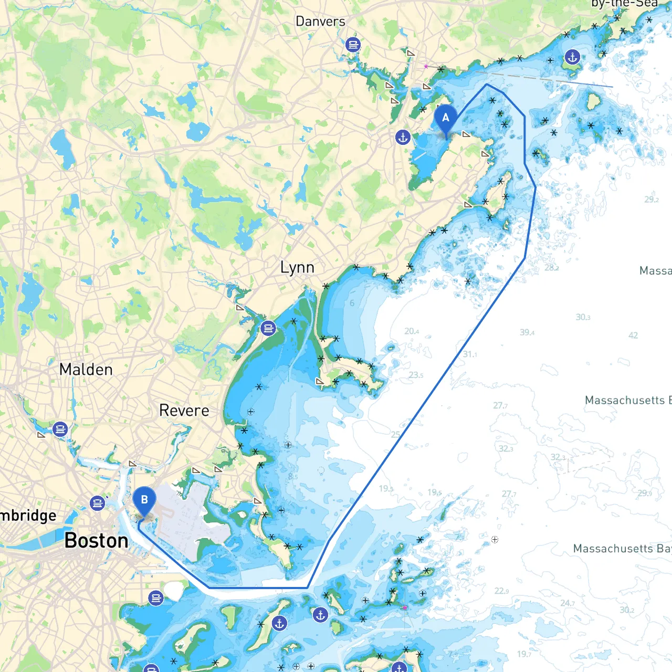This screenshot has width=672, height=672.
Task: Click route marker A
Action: point(446,119)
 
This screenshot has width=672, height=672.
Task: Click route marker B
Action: point(144,500)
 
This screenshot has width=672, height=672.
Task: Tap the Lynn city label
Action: point(297,268)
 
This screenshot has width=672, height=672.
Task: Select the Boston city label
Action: point(96,540)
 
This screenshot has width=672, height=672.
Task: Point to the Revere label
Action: point(184,411)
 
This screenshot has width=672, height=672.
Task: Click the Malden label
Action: point(86,370)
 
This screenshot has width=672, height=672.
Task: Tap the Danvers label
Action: point(320,22)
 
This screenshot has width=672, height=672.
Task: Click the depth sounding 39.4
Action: point(527,332)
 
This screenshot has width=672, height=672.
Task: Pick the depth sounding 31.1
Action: point(470,354)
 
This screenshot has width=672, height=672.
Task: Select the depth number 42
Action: point(633,335)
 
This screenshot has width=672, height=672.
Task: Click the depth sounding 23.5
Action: point(416,375)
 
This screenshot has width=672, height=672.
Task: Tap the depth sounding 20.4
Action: point(412,331)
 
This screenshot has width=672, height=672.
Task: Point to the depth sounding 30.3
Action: point(583,317)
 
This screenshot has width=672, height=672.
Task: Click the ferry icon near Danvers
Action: point(353,45)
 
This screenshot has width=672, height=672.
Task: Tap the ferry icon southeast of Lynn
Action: point(268,329)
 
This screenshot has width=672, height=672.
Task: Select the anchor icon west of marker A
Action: point(403,138)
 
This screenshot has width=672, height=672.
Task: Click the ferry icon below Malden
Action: point(60,429)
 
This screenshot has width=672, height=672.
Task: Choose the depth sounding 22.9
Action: point(501,591)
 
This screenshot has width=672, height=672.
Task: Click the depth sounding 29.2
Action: point(652,199)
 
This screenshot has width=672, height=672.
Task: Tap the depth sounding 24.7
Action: point(567,603)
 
